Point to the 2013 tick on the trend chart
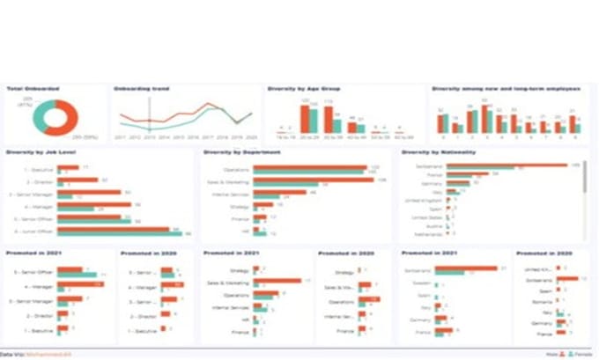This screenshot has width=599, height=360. click(x=150, y=138)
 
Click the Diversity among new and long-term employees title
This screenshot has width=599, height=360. click(x=505, y=89)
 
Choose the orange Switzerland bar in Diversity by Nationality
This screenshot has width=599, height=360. click(x=520, y=165)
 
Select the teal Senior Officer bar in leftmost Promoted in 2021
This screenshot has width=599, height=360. click(x=78, y=276)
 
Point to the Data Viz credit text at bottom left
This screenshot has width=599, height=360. click(x=35, y=354)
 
